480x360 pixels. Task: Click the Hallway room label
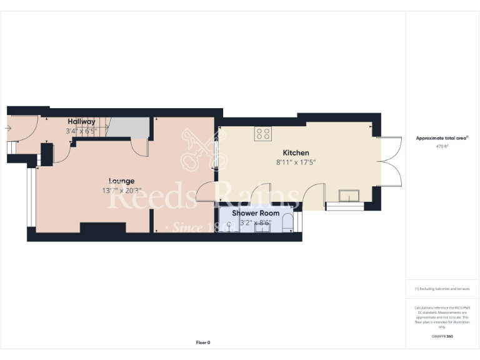81,121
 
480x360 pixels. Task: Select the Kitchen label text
296,152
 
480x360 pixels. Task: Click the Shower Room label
256,213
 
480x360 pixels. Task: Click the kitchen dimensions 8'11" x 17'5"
296,162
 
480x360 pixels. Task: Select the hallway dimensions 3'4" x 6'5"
81,131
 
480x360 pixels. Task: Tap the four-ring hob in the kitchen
262,133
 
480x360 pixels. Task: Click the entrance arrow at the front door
7,129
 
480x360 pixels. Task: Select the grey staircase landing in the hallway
127,129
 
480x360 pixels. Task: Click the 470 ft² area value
442,146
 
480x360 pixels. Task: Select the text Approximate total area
441,138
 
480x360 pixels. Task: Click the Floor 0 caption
203,342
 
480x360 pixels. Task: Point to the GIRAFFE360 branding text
442,336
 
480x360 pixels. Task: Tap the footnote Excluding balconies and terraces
442,289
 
